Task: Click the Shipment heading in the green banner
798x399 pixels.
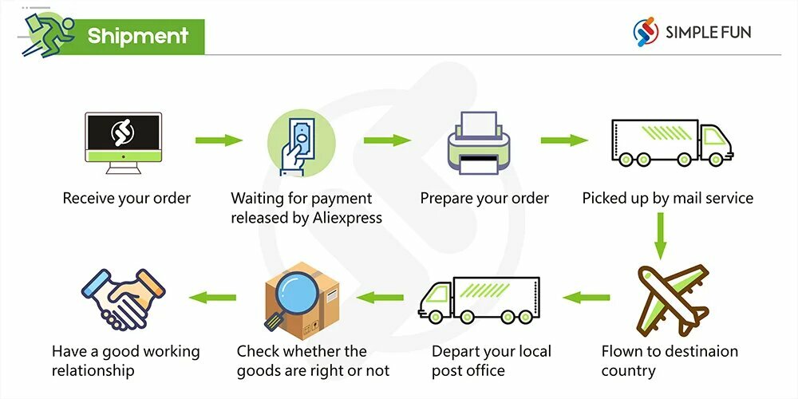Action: coord(138,36)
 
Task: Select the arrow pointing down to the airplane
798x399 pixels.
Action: coord(659,235)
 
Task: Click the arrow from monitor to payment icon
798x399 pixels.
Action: coord(218,140)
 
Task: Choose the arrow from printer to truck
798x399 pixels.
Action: coord(564,140)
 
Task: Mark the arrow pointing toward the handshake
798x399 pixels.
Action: coord(212,298)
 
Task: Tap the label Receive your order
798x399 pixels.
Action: coord(127,198)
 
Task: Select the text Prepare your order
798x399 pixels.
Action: coord(484,198)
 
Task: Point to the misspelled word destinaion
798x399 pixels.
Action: coord(700,351)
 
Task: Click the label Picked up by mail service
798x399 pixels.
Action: coord(667,198)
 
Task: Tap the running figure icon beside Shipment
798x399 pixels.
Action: coord(45,34)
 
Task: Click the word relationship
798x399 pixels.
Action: coord(93,370)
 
